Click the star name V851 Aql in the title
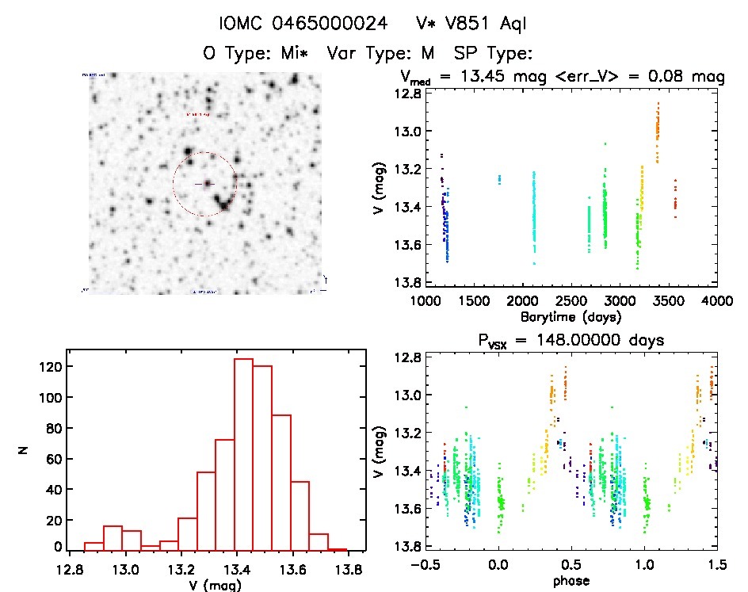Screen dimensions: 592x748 tap(483, 24)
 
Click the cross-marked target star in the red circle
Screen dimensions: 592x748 tap(208, 183)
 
